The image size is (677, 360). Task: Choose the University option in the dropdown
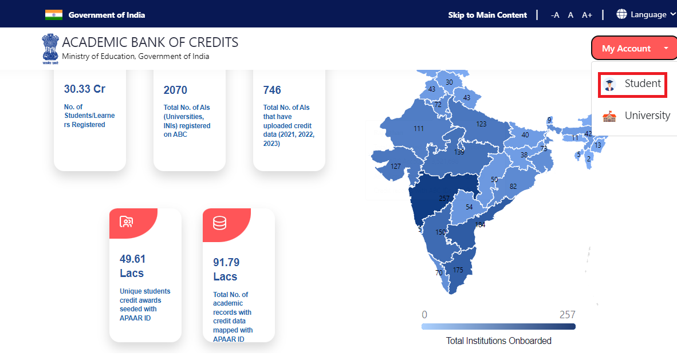click(x=636, y=116)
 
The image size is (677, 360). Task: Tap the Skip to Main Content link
click(x=487, y=15)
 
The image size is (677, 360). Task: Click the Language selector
click(x=641, y=14)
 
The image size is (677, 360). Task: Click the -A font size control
click(x=555, y=15)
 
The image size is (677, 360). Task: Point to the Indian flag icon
click(x=54, y=15)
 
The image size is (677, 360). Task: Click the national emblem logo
click(x=50, y=48)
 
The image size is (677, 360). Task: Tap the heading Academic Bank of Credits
click(x=150, y=42)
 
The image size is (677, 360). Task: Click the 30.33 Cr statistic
click(x=85, y=89)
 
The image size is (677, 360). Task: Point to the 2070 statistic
click(x=175, y=90)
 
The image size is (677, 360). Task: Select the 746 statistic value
click(x=272, y=90)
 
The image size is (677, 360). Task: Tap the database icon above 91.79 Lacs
click(x=220, y=223)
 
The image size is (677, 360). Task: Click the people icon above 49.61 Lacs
click(x=127, y=221)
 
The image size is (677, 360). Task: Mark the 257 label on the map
click(x=444, y=199)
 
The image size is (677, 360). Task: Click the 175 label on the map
click(x=458, y=270)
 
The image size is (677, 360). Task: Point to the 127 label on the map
click(x=395, y=167)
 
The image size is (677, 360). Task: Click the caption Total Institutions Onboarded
click(x=498, y=341)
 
